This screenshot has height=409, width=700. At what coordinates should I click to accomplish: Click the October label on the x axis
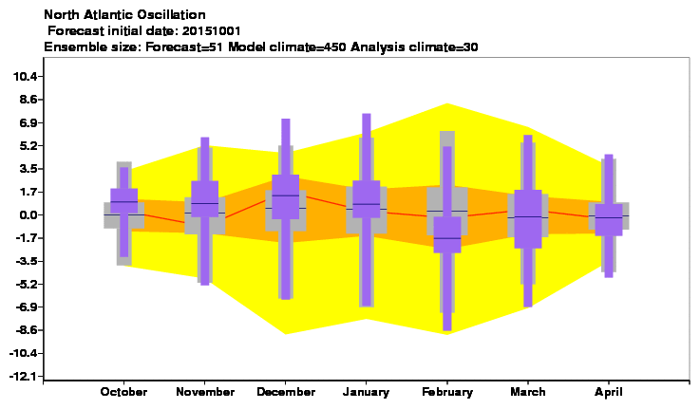click(x=123, y=392)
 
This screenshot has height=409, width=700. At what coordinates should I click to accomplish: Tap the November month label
click(x=205, y=392)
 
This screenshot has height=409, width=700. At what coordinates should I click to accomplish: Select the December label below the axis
click(x=286, y=392)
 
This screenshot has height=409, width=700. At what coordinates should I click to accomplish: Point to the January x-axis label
click(x=366, y=392)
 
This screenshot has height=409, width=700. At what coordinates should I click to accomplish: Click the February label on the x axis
click(x=447, y=392)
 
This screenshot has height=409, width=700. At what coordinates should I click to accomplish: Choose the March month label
click(x=528, y=392)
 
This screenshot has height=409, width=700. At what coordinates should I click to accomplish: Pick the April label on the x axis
click(x=609, y=392)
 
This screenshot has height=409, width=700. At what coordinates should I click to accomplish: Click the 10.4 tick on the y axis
click(x=25, y=76)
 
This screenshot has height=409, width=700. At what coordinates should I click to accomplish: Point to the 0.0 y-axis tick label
click(x=28, y=215)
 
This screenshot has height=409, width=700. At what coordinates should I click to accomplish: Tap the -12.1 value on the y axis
click(x=23, y=377)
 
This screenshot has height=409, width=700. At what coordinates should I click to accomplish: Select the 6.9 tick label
click(x=28, y=122)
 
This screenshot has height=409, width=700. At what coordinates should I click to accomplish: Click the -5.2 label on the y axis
click(x=26, y=284)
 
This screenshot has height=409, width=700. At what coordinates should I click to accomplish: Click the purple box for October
click(x=124, y=201)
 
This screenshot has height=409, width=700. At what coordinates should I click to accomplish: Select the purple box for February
click(x=447, y=234)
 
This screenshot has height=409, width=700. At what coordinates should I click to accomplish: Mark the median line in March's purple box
click(x=528, y=216)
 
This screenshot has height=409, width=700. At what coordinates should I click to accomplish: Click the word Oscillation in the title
click(x=171, y=15)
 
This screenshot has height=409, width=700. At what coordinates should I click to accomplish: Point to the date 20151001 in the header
click(x=211, y=30)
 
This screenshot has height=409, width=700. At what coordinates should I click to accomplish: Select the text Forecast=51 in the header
click(x=185, y=46)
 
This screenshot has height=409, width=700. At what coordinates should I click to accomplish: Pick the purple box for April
click(x=609, y=219)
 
